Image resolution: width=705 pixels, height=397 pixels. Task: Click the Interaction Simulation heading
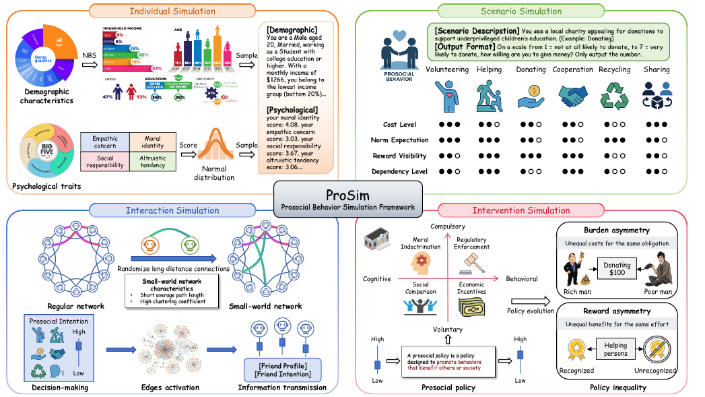(x=172, y=210)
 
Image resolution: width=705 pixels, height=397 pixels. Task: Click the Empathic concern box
(x=104, y=141)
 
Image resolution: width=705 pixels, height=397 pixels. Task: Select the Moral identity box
(x=153, y=141)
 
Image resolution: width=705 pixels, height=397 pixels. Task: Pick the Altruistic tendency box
(x=153, y=162)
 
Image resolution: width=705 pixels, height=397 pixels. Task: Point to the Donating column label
(x=531, y=69)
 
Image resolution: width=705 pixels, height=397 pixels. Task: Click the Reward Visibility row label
(x=399, y=156)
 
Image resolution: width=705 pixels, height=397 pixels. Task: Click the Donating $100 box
(x=617, y=270)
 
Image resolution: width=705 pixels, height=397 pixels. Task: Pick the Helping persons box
(x=615, y=349)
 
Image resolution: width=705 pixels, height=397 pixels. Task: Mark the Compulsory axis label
(x=448, y=226)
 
